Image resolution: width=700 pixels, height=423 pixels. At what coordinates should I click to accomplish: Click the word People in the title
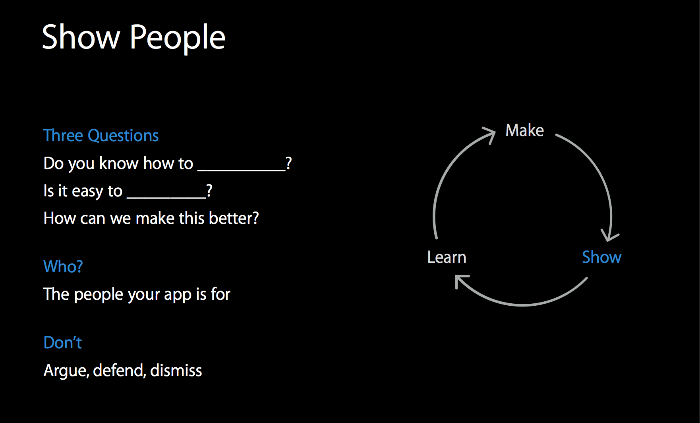point(178,38)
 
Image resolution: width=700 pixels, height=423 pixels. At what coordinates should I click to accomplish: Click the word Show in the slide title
point(81,37)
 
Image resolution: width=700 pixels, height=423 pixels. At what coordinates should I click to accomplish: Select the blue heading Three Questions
point(101,136)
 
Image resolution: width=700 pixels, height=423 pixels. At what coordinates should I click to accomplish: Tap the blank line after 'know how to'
point(242,170)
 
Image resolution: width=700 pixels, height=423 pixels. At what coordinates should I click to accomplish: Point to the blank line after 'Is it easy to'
point(166,198)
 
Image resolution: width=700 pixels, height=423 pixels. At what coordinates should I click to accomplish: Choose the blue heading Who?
point(63,266)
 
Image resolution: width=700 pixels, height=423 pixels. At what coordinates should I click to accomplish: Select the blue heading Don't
point(63,342)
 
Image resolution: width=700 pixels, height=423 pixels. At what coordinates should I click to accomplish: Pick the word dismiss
point(176,370)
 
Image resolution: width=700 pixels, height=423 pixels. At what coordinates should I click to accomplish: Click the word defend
point(120,371)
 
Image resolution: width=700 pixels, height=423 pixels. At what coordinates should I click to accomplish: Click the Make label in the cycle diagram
point(524,130)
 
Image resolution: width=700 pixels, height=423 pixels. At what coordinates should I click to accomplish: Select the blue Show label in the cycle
point(601,257)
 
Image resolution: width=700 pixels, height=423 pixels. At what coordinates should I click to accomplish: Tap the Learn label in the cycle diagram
point(447,257)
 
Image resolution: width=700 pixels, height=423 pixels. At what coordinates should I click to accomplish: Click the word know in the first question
point(119,163)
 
